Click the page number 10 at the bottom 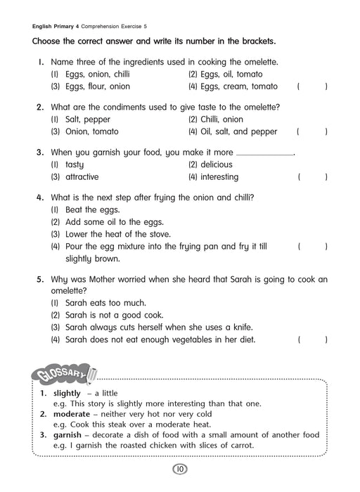point(180,470)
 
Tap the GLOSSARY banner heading point(62,373)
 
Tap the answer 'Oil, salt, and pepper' point(240,132)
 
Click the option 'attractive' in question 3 point(82,177)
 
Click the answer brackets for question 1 point(312,87)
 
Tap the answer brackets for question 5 point(312,340)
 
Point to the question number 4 point(40,198)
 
